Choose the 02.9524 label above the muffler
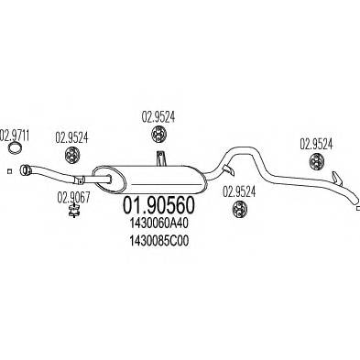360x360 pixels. tap(158, 117)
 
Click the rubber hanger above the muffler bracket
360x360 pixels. tap(158, 136)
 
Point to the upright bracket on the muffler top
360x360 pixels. tap(159, 160)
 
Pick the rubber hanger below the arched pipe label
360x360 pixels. tap(237, 209)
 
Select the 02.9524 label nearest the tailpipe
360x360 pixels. tap(319, 143)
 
